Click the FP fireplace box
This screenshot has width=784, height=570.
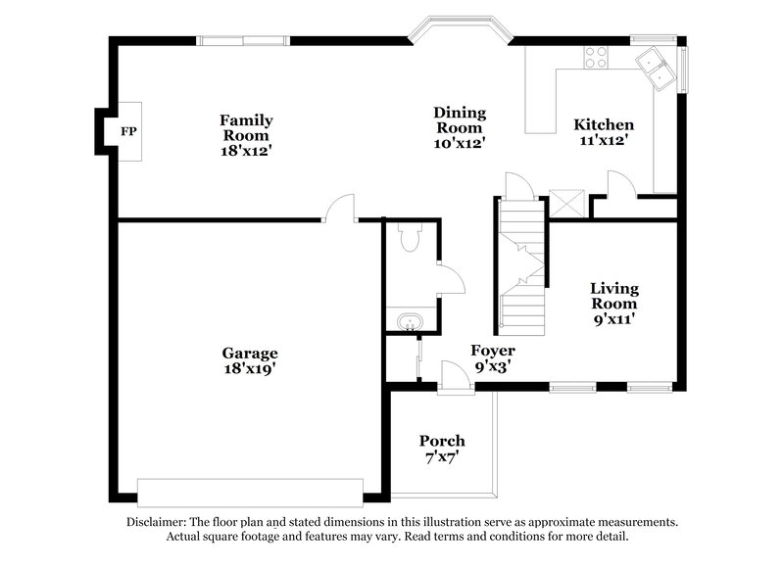[127, 131]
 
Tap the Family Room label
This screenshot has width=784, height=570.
[245, 135]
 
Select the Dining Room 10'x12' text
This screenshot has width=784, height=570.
[460, 127]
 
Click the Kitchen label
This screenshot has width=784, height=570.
[603, 132]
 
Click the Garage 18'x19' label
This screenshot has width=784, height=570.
[249, 360]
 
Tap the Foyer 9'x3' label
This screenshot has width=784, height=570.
[493, 357]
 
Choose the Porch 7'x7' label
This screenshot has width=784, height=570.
[442, 449]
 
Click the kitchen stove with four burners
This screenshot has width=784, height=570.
[596, 57]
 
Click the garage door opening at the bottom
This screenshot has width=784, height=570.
[250, 489]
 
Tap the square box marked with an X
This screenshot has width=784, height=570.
[569, 203]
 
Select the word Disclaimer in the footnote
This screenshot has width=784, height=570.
[160, 523]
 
